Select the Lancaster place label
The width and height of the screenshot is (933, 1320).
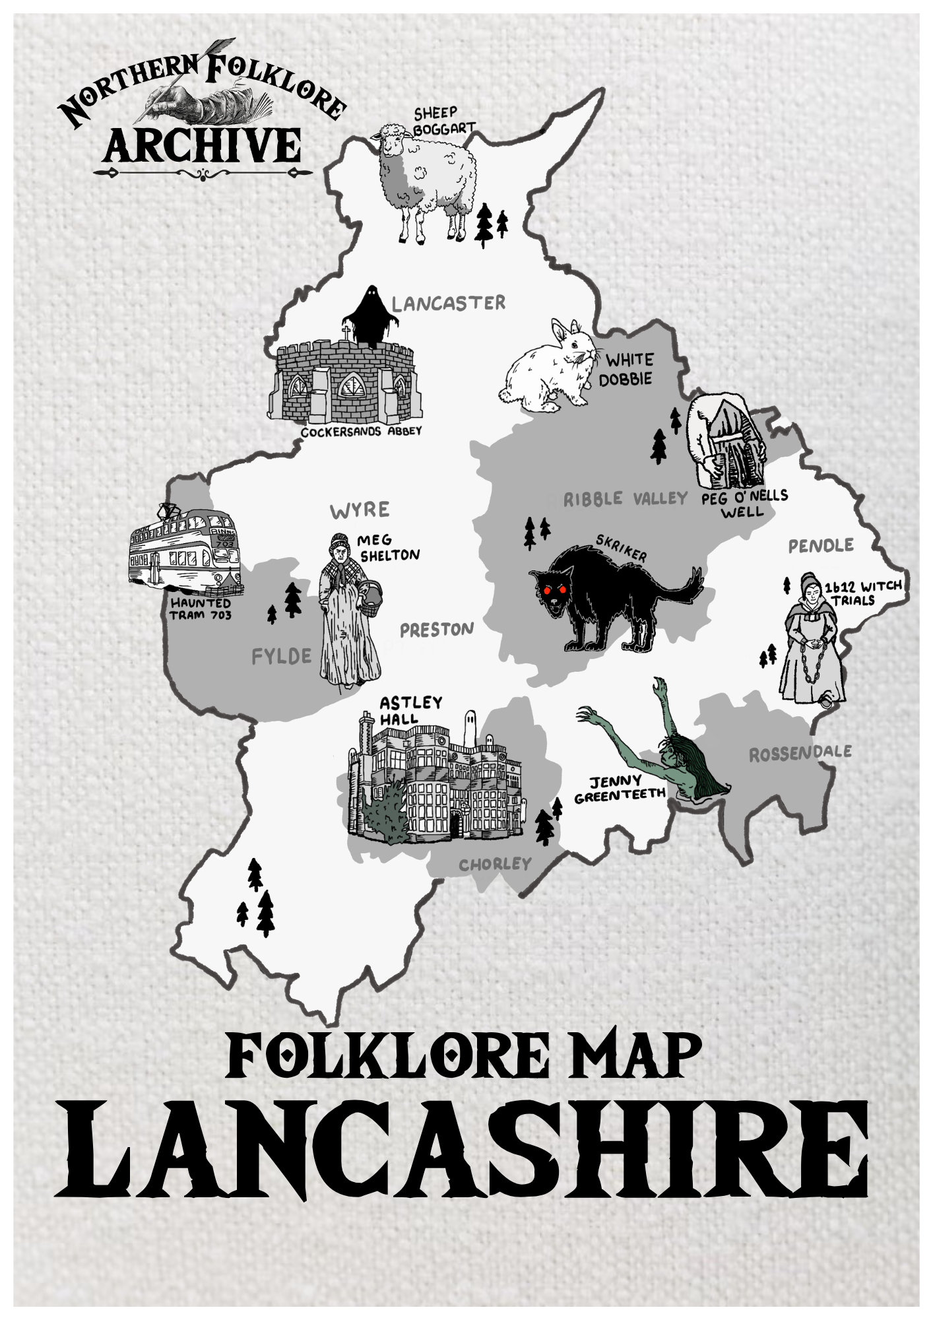pyautogui.click(x=448, y=304)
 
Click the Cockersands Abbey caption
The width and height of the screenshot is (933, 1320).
pyautogui.click(x=361, y=432)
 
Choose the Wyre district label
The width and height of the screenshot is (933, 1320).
pyautogui.click(x=360, y=510)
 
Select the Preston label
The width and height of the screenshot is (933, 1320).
pyautogui.click(x=436, y=630)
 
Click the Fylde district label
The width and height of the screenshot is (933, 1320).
pyautogui.click(x=281, y=656)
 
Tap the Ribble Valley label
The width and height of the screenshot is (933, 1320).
pyautogui.click(x=626, y=498)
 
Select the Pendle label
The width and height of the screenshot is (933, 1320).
pyautogui.click(x=821, y=546)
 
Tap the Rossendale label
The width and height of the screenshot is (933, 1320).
pyautogui.click(x=800, y=752)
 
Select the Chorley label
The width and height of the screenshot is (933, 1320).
pyautogui.click(x=495, y=864)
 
